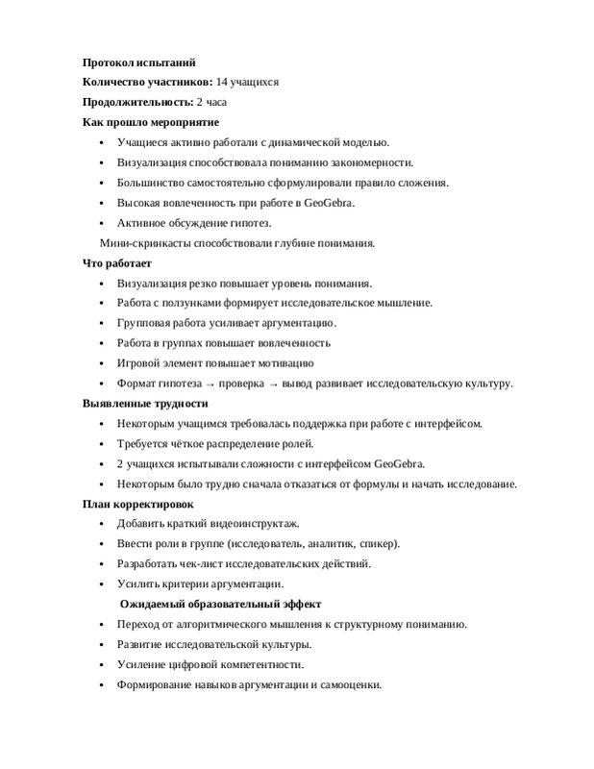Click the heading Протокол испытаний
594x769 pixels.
point(138,62)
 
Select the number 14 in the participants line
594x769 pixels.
point(222,83)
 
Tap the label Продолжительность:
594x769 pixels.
point(137,102)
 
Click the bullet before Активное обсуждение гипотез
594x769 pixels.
point(102,223)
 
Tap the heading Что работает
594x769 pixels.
point(117,263)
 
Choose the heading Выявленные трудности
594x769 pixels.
point(145,404)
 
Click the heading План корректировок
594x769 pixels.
point(137,504)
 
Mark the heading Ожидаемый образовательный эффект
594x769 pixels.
point(220,604)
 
